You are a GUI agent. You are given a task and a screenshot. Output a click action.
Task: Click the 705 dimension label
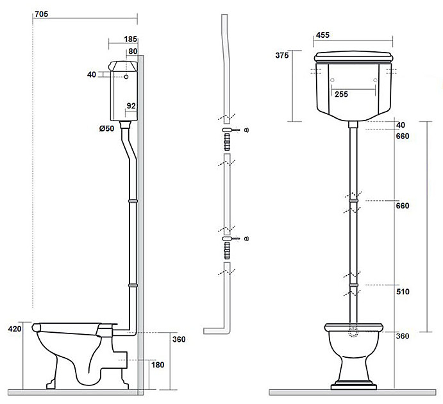[x=41, y=14]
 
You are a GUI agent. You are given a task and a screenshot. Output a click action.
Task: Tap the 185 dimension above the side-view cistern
[x=130, y=39]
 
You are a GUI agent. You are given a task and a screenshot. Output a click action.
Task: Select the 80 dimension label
[x=133, y=51]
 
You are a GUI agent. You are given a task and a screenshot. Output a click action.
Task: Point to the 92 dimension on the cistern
[x=131, y=106]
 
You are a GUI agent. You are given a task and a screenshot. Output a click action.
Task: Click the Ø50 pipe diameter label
[x=106, y=128]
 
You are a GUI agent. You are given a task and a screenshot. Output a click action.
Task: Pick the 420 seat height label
[x=15, y=329]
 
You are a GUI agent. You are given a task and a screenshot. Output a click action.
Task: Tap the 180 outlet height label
[x=158, y=365]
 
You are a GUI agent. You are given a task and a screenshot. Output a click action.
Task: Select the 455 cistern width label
[x=322, y=35]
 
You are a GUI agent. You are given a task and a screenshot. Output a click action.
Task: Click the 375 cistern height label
[x=282, y=55]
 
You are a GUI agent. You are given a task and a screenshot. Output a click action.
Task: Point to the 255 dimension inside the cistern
[x=341, y=94]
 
